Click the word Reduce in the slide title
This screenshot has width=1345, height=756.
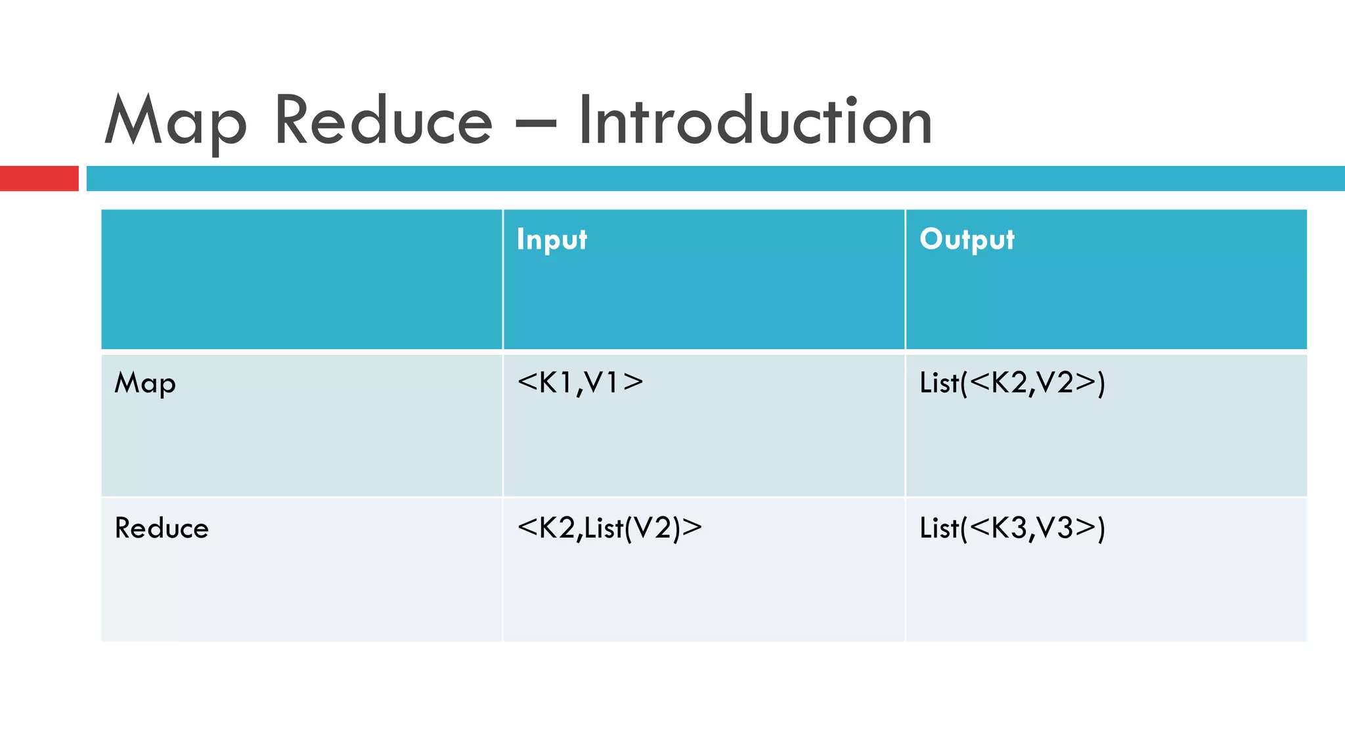[383, 121]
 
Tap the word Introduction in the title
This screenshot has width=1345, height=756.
[755, 121]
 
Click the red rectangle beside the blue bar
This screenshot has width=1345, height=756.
[39, 178]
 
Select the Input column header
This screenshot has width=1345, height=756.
[552, 240]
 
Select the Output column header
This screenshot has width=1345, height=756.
[967, 240]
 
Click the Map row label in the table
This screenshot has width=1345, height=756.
[145, 383]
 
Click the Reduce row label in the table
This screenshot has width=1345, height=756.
[162, 528]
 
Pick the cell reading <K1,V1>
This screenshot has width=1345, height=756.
[580, 383]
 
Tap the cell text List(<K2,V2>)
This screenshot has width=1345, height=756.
[1012, 383]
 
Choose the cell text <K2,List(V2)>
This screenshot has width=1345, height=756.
[609, 528]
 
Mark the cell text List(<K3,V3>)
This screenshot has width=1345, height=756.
[1012, 528]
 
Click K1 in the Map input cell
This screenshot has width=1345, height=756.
[555, 383]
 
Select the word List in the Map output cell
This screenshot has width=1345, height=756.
[938, 383]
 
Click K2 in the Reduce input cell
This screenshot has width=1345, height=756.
[556, 528]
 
